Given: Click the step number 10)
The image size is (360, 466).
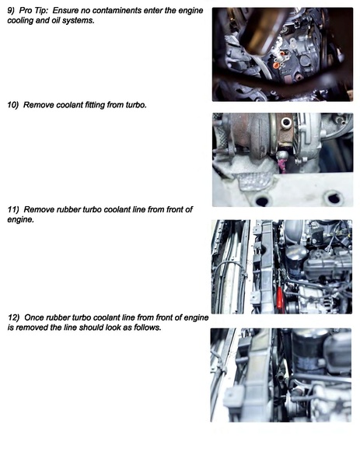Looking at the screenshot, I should pyautogui.click(x=14, y=104).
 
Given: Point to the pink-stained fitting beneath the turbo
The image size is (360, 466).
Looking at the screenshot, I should pyautogui.click(x=281, y=163).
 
